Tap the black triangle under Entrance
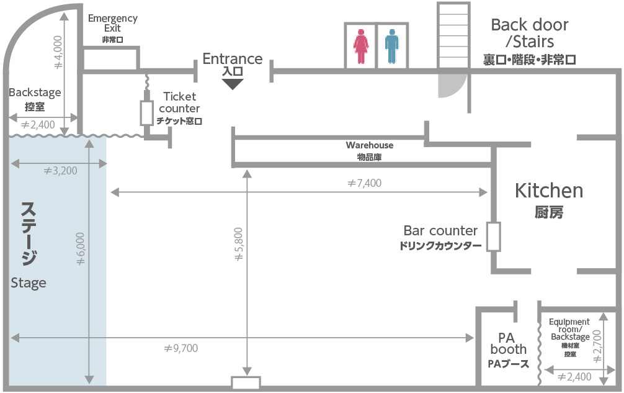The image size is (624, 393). click(x=233, y=83)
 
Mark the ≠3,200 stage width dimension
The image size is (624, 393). click(x=60, y=171)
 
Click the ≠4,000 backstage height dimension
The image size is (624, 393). click(x=58, y=53)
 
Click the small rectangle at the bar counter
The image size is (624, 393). click(x=493, y=237)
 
